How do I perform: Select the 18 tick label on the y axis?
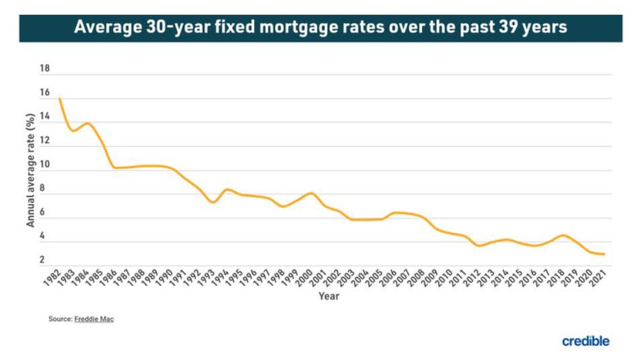pyautogui.click(x=45, y=69)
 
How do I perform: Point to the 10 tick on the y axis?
pyautogui.click(x=45, y=165)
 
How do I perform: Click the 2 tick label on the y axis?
pyautogui.click(x=43, y=260)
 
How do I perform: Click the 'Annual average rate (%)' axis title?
pyautogui.click(x=30, y=171)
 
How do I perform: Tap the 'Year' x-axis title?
pyautogui.click(x=328, y=296)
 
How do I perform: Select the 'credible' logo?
pyautogui.click(x=586, y=340)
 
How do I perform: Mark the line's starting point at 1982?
pyautogui.click(x=60, y=99)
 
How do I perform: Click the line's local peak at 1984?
pyautogui.click(x=87, y=123)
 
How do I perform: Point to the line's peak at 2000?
pyautogui.click(x=311, y=193)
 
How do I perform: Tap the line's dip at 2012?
pyautogui.click(x=479, y=246)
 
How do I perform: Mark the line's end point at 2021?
pyautogui.click(x=604, y=254)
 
